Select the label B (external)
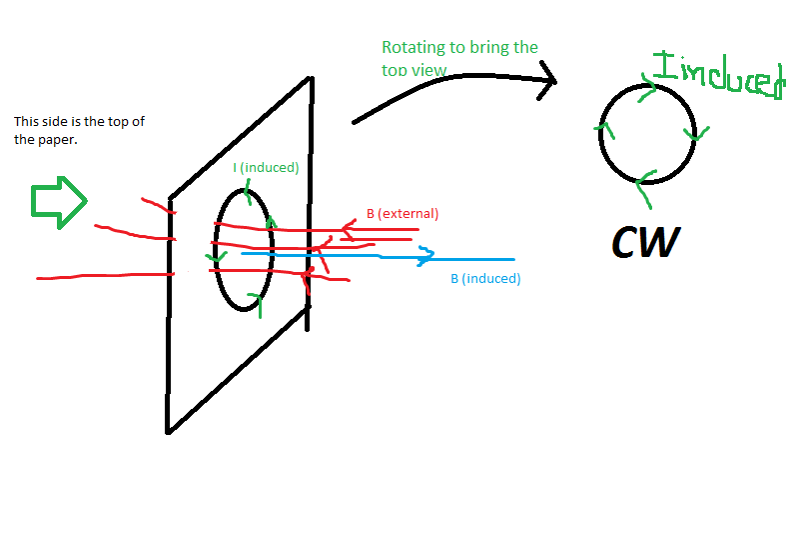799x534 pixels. coord(402,214)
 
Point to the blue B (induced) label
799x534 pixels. coord(485,279)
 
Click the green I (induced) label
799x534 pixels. coord(266,168)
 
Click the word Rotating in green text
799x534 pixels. coord(411,48)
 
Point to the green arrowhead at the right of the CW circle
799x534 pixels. coord(699,132)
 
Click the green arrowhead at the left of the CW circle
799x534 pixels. coord(602,128)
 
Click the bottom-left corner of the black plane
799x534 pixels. coord(168,431)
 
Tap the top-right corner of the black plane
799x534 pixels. coord(313,77)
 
